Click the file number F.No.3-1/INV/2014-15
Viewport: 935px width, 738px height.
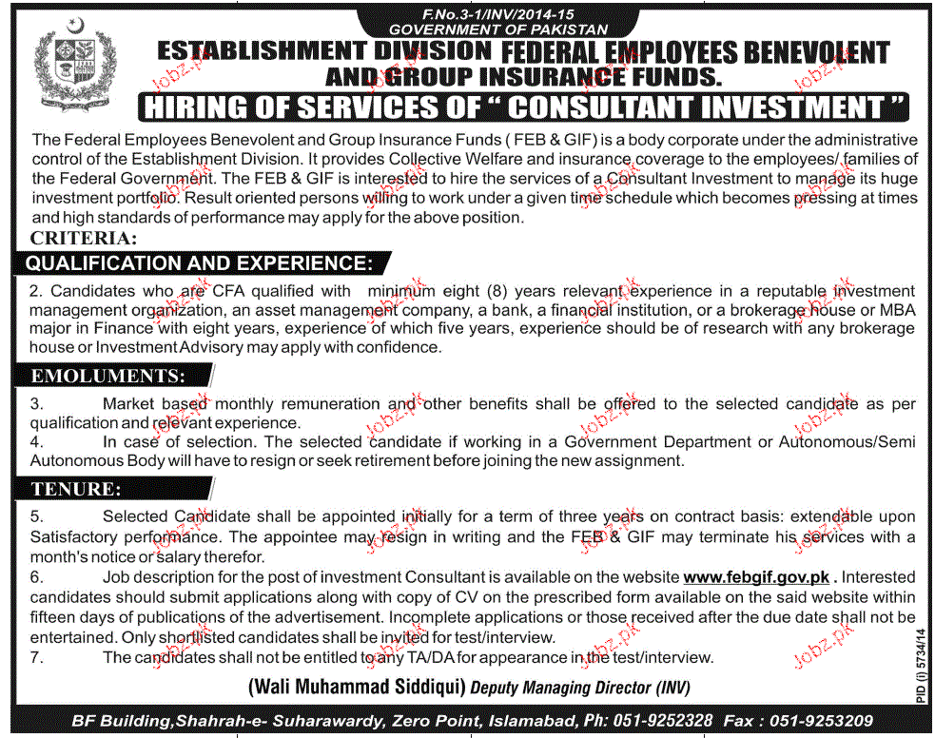click(x=468, y=15)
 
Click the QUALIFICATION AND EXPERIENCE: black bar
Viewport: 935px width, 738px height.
click(x=197, y=262)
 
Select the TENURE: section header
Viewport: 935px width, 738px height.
click(x=76, y=490)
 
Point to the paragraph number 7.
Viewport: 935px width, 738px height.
click(x=36, y=657)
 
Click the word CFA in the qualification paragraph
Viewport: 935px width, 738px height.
click(x=247, y=291)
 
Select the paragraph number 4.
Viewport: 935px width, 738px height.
click(x=36, y=441)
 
